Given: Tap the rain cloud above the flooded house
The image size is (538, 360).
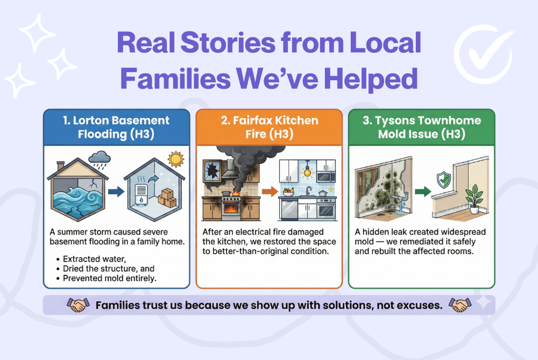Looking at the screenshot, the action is [101, 157].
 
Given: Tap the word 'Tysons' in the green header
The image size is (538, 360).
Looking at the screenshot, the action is [403, 121].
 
